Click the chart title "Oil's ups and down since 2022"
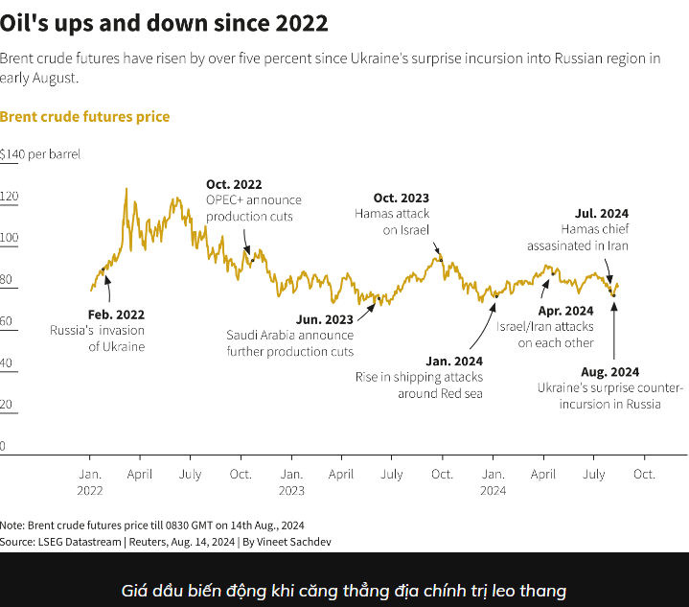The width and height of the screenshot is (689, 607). (164, 22)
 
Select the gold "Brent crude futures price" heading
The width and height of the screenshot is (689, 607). (84, 117)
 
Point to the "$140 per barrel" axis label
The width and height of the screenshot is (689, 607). (40, 153)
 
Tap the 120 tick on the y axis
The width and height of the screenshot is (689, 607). (10, 198)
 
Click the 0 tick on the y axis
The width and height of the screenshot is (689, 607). (4, 446)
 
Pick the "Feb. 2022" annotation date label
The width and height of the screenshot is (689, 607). (116, 315)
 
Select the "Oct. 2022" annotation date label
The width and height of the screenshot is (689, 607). (234, 184)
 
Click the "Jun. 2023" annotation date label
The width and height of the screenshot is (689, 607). (325, 319)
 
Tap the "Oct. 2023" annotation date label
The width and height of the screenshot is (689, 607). (401, 198)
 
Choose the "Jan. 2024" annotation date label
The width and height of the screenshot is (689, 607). (454, 362)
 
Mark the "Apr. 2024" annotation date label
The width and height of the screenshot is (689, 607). (565, 311)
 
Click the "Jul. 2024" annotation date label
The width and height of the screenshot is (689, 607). (601, 213)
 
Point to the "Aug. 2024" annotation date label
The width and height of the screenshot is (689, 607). (609, 372)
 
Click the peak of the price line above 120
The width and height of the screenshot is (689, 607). (126, 190)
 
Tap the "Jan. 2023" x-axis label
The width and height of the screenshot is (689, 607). (291, 481)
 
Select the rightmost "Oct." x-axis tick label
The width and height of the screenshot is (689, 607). (644, 474)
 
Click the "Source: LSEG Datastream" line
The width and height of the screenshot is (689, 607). (152, 542)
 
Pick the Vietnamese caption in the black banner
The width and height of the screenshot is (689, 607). (344, 591)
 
